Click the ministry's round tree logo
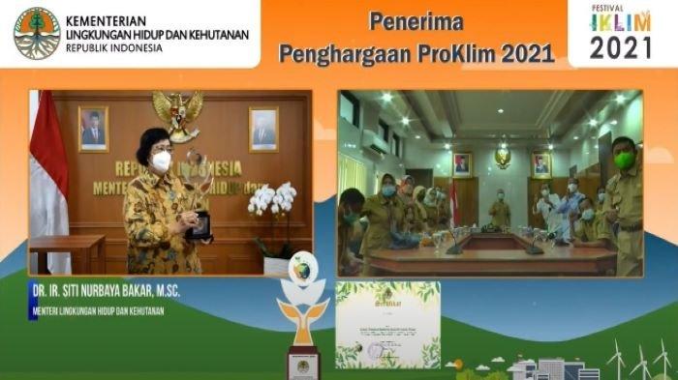(37, 34)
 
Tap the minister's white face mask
(161, 161)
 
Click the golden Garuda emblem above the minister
(177, 112)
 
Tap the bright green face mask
(625, 160)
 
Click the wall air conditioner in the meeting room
(377, 142)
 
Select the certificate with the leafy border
(387, 325)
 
